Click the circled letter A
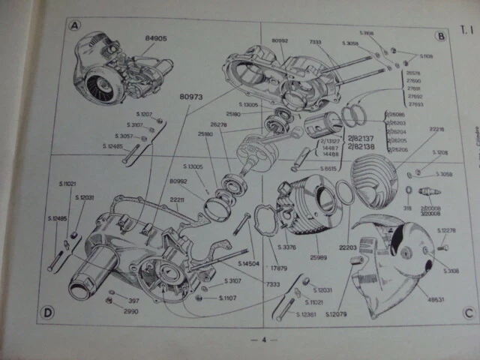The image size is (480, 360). click(x=73, y=28)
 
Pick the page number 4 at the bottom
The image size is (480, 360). click(x=264, y=340)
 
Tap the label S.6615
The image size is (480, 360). click(x=328, y=169)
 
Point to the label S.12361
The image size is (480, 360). click(x=305, y=313)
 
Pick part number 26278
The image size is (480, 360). click(x=218, y=124)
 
